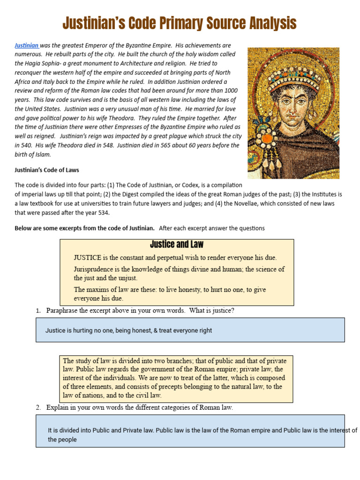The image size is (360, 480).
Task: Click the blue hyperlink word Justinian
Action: (x=26, y=45)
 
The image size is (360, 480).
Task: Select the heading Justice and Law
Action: (x=177, y=245)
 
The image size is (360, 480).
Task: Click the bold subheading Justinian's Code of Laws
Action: (x=47, y=170)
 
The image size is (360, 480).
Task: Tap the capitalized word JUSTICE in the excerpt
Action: (x=88, y=257)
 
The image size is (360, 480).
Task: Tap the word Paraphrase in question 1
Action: (x=65, y=311)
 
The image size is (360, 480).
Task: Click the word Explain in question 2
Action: (x=58, y=408)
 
